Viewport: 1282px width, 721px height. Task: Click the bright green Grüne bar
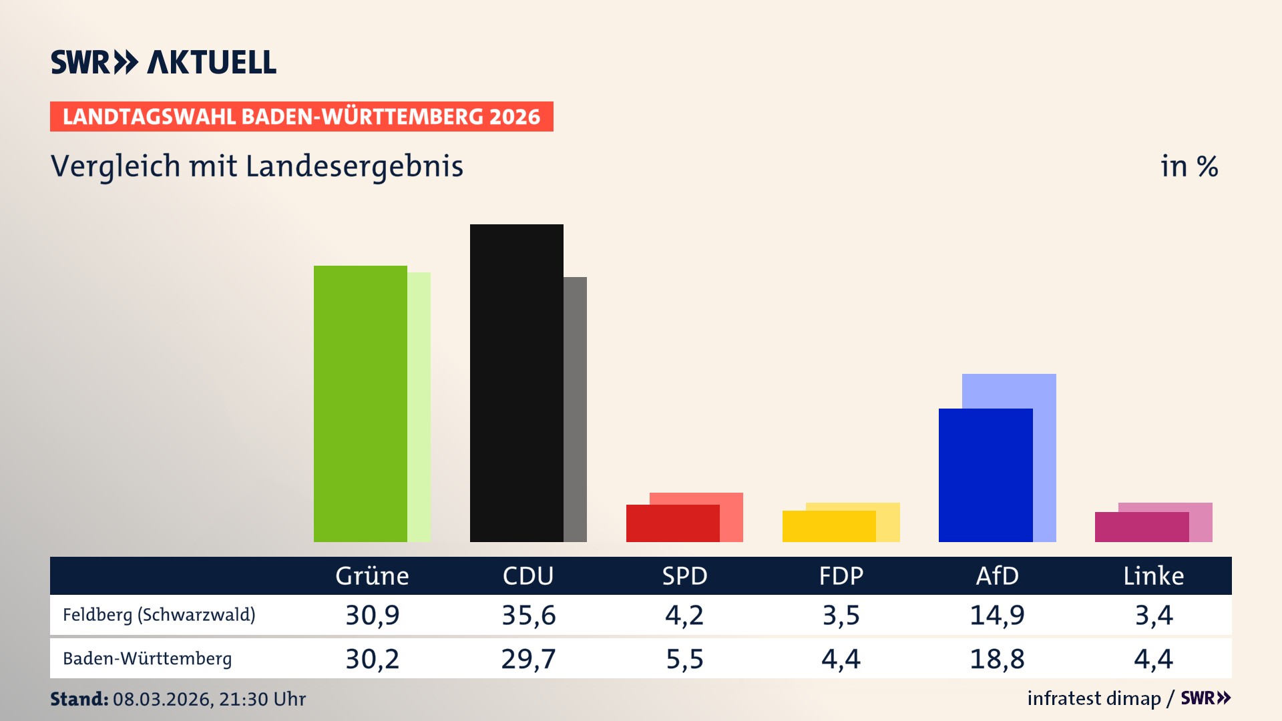pyautogui.click(x=361, y=404)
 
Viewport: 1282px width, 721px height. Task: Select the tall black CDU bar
pyautogui.click(x=516, y=383)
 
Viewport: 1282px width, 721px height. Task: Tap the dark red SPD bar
pyautogui.click(x=672, y=523)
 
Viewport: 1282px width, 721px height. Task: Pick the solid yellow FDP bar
pyautogui.click(x=829, y=526)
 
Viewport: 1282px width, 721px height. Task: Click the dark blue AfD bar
pyautogui.click(x=985, y=475)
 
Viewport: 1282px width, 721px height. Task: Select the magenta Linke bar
pyautogui.click(x=1141, y=527)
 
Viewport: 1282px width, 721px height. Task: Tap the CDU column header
pyautogui.click(x=527, y=575)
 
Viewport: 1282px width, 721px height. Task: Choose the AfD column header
pyautogui.click(x=997, y=575)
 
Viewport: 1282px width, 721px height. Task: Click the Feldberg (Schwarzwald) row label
pyautogui.click(x=159, y=615)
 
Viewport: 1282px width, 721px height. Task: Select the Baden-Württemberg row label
pyautogui.click(x=147, y=659)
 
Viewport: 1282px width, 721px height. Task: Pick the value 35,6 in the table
pyautogui.click(x=528, y=615)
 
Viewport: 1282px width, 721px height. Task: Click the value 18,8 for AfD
pyautogui.click(x=997, y=659)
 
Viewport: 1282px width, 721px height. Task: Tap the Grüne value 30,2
pyautogui.click(x=372, y=659)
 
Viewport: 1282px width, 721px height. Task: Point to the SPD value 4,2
pyautogui.click(x=684, y=615)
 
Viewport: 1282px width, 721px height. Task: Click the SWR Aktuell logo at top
pyautogui.click(x=164, y=62)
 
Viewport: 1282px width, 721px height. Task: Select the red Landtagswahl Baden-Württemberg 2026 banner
pyautogui.click(x=301, y=117)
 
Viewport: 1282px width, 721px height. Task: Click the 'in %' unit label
pyautogui.click(x=1189, y=166)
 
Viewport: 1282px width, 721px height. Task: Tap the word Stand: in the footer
pyautogui.click(x=79, y=699)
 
